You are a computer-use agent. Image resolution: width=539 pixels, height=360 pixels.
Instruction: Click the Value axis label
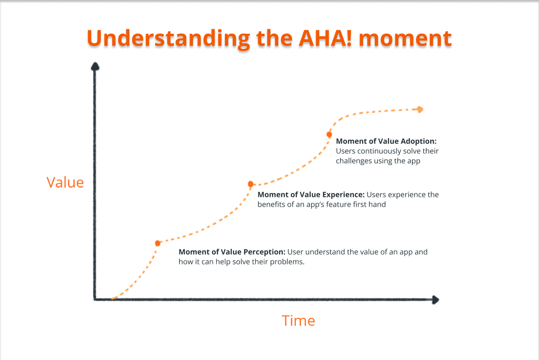point(65,182)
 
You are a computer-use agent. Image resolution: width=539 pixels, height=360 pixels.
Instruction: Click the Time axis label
point(298,321)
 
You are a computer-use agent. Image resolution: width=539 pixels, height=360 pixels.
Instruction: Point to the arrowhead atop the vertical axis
point(96,67)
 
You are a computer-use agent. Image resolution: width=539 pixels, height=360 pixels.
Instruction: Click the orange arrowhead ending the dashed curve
point(419,110)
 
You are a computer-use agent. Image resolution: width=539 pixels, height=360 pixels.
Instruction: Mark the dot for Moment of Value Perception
point(158,243)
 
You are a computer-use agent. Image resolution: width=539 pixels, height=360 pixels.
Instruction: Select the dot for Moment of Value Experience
point(250,184)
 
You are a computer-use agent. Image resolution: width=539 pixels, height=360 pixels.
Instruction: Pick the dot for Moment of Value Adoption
point(329,134)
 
